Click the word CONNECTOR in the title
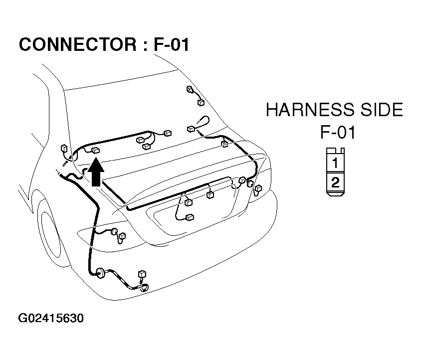click(78, 44)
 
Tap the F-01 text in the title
click(172, 44)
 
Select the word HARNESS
click(310, 110)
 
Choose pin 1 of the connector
click(335, 163)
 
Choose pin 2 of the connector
click(335, 182)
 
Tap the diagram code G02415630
click(51, 318)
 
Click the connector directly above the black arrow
click(95, 151)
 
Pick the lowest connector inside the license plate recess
click(190, 217)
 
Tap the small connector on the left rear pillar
click(64, 148)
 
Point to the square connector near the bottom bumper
click(142, 274)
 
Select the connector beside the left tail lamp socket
click(122, 236)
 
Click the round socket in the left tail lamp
click(114, 231)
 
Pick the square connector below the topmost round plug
click(201, 102)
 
